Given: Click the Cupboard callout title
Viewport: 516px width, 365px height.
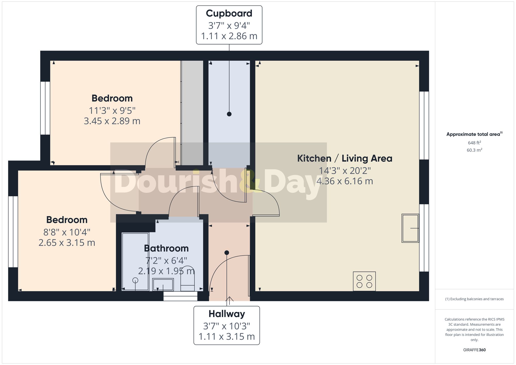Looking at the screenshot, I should tap(229, 13).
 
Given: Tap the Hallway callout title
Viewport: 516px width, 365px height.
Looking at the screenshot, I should tap(227, 314).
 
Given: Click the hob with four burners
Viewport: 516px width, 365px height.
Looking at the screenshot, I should tap(364, 281).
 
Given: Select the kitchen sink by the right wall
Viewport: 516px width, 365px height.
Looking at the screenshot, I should tap(410, 228).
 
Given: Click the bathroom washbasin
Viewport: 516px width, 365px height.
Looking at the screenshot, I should tap(163, 285).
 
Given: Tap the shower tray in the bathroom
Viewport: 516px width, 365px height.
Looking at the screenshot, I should tap(135, 262).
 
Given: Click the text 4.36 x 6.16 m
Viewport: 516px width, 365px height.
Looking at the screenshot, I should tap(345, 181).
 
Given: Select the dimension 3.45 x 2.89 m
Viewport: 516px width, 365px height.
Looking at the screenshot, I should tap(112, 121).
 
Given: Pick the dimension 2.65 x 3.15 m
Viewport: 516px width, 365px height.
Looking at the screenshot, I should tap(67, 243).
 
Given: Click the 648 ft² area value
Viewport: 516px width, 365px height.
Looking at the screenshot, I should tap(474, 143).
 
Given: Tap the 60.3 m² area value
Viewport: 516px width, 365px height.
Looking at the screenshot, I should tap(474, 150).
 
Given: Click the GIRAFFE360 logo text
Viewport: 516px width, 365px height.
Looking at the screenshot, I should tap(474, 350).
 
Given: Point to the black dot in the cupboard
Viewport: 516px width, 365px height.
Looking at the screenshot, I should tap(229, 114).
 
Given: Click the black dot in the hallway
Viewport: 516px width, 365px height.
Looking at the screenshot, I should tap(227, 253).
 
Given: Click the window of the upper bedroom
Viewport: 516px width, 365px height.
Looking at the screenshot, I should tap(45, 108).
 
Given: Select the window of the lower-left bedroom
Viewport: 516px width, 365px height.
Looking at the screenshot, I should tap(13, 232).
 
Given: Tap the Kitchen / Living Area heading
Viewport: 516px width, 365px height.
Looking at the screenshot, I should tap(345, 158).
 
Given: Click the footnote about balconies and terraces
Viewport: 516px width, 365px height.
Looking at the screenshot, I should tap(474, 299).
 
